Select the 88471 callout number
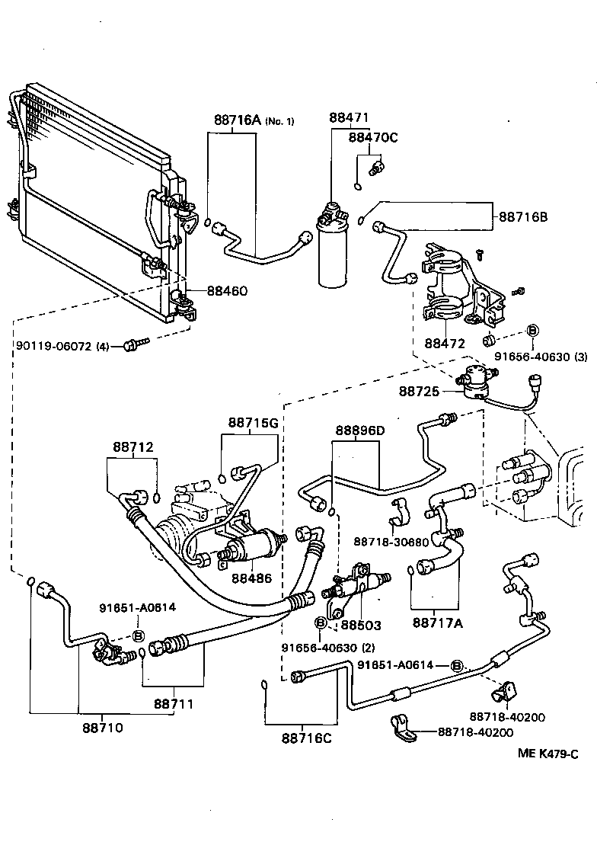pyautogui.click(x=349, y=118)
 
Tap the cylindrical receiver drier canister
pyautogui.click(x=332, y=251)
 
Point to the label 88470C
pyautogui.click(x=373, y=137)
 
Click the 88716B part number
pyautogui.click(x=523, y=217)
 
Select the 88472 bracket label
pyautogui.click(x=445, y=344)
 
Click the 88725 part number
pyautogui.click(x=419, y=391)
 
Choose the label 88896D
pyautogui.click(x=359, y=431)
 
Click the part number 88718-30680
pyautogui.click(x=391, y=542)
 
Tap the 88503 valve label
pyautogui.click(x=360, y=625)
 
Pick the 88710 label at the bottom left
pyautogui.click(x=103, y=727)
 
